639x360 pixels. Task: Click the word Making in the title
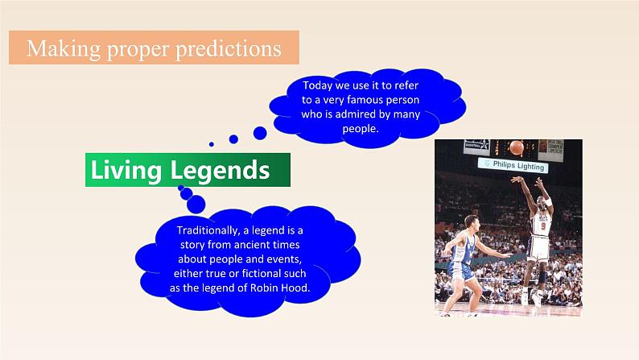pos(64,48)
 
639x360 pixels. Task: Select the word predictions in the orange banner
pos(229,48)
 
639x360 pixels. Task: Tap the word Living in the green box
pos(126,171)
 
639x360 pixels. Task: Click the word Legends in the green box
pos(220,171)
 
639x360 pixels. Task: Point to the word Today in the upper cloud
pos(317,85)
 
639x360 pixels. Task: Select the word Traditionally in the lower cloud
pos(208,231)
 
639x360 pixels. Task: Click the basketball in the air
pos(517,147)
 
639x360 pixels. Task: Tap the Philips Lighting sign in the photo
pos(513,165)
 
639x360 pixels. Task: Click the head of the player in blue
pos(472,223)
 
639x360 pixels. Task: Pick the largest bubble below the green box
pos(196,205)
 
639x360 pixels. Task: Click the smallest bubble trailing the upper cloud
pos(211,144)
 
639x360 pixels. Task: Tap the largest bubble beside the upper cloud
pos(260,133)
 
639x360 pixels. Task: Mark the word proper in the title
pos(138,49)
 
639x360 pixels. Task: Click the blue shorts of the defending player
pos(461,271)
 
